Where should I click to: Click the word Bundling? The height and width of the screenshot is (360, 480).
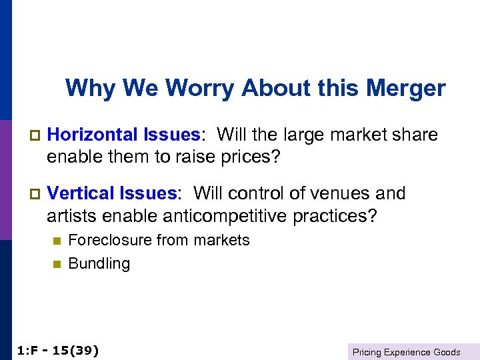(99, 264)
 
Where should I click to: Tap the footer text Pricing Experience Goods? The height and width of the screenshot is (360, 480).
(406, 352)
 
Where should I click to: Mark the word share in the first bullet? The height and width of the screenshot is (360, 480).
(416, 135)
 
